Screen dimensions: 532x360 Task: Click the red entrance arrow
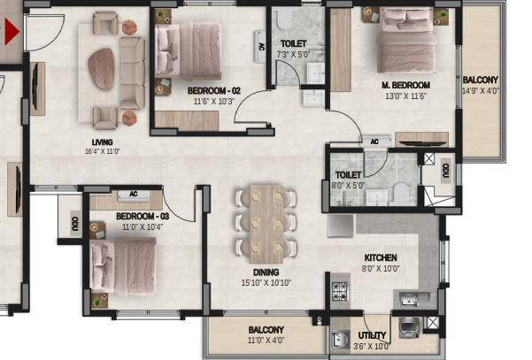tap(11, 32)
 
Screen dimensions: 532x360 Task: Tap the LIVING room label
tap(102, 142)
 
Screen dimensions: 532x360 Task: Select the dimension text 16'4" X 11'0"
tap(102, 151)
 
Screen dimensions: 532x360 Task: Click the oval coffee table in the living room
tap(101, 69)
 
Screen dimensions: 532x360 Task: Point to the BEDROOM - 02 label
tap(213, 91)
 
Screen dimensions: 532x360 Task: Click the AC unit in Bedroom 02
tap(260, 47)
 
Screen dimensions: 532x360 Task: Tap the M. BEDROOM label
tap(405, 85)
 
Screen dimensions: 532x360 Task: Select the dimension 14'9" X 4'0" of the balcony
tap(481, 91)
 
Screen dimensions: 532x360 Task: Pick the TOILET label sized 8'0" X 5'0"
tap(348, 175)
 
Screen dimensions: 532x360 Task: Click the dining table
tap(266, 224)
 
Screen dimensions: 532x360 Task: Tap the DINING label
tap(266, 272)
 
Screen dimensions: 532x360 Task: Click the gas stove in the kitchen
tap(340, 292)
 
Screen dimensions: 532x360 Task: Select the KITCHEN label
tap(381, 257)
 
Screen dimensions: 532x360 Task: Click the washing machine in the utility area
tap(409, 327)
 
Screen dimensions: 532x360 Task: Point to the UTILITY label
tap(372, 335)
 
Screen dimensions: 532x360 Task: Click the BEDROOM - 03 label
tap(143, 217)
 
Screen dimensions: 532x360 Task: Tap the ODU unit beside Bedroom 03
tap(75, 222)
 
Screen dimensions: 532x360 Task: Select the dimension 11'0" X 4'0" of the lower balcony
tap(266, 340)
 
